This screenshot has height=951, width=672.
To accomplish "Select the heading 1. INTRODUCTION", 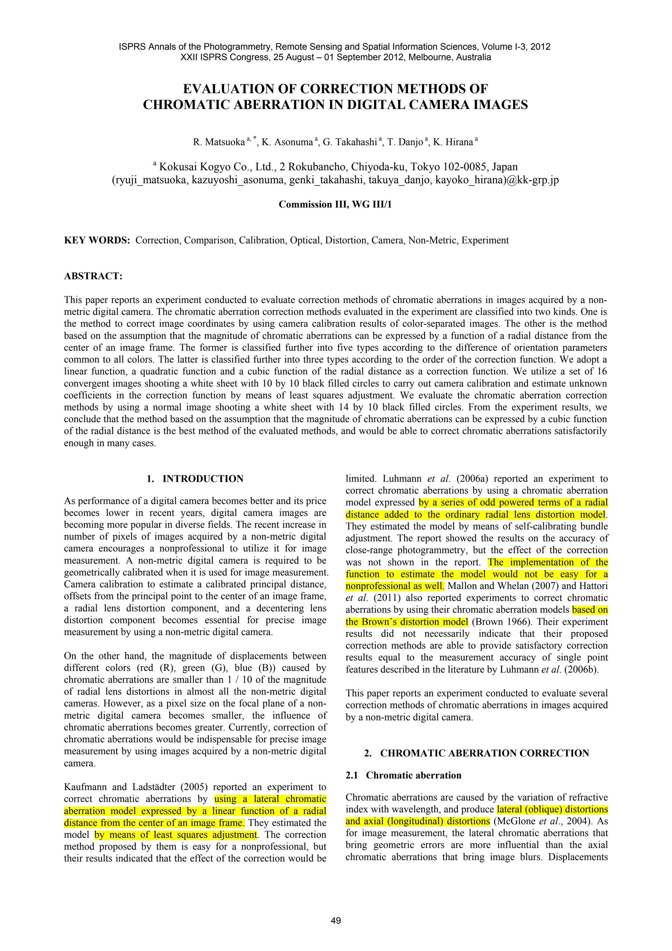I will coord(195,479).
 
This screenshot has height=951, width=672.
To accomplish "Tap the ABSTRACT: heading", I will coord(93,276).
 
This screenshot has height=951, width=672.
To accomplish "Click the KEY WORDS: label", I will coord(97,240).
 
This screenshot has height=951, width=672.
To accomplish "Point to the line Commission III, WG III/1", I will coord(335,205).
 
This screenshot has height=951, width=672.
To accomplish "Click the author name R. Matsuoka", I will coord(219,143).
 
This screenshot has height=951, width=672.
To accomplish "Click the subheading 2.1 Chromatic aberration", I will coord(404,776).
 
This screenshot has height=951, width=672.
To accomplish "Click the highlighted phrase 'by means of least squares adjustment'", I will coord(176,835).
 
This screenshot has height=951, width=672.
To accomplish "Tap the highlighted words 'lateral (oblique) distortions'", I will coord(552,809).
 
